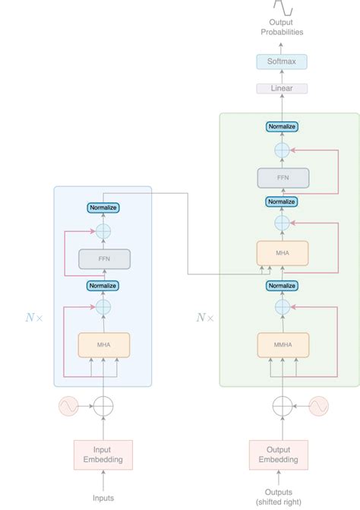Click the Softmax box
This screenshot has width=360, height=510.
(x=282, y=61)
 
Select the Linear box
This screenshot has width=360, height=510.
(x=282, y=88)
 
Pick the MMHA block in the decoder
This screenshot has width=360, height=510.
(x=282, y=344)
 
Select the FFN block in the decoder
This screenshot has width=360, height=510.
(x=282, y=178)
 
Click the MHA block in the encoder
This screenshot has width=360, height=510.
(x=104, y=344)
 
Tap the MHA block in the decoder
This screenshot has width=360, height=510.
(x=282, y=253)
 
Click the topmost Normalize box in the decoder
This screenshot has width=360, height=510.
(x=282, y=126)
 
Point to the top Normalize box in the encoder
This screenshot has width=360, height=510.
(x=104, y=207)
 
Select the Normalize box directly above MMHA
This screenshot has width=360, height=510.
(x=282, y=286)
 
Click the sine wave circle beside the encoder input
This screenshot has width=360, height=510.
(x=68, y=407)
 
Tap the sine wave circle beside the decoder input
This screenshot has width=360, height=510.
(x=317, y=407)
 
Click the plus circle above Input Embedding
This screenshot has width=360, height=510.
(x=104, y=407)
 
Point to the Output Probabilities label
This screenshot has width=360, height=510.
(x=282, y=27)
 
